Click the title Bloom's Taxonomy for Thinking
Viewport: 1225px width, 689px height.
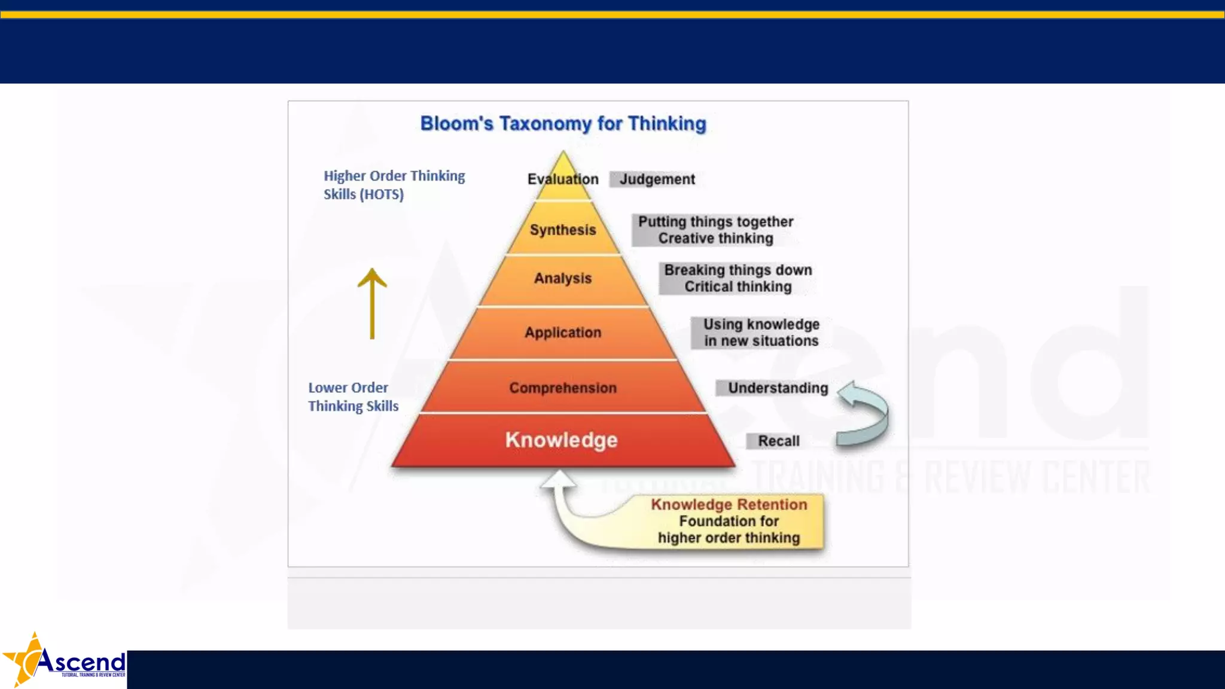[x=563, y=124]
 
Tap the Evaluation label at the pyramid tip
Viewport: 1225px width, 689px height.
[x=563, y=179]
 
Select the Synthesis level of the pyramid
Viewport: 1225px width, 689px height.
[x=563, y=230]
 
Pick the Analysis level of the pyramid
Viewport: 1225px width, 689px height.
[x=563, y=278]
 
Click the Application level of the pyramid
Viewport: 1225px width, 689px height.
[x=563, y=333]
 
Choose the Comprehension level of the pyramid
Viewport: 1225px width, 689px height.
[x=563, y=388]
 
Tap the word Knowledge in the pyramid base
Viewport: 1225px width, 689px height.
[x=561, y=440]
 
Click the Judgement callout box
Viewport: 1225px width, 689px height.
[x=656, y=179]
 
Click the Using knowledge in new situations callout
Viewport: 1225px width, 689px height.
[x=761, y=333]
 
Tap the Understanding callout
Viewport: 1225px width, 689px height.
[x=777, y=388]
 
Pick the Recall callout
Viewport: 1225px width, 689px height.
[x=778, y=441]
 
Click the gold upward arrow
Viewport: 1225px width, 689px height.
[x=372, y=302]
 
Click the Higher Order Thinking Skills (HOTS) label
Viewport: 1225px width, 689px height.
[x=394, y=185]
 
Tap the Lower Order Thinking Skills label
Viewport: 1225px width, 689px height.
[x=353, y=397]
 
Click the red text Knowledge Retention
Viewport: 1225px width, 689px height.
[x=729, y=504]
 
